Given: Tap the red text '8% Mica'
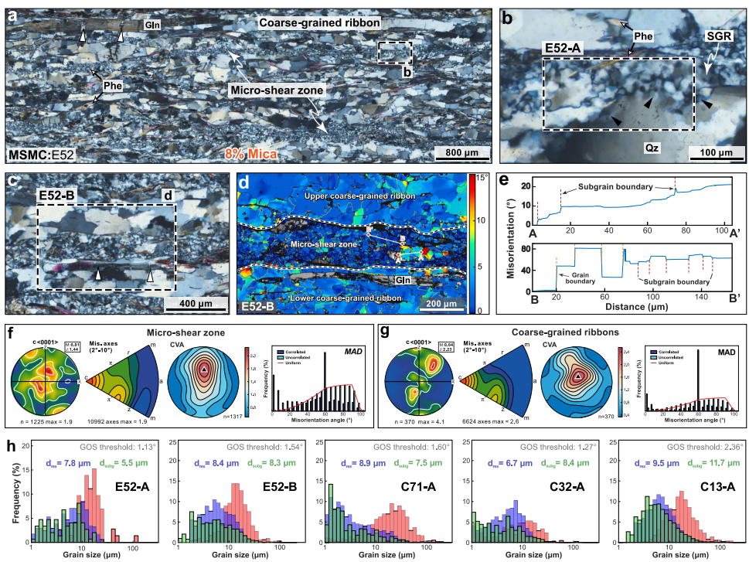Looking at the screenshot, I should pos(252,152).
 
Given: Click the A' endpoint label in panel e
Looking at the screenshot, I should pos(733,233).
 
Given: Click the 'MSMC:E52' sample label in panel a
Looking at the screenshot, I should pos(43,153).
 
